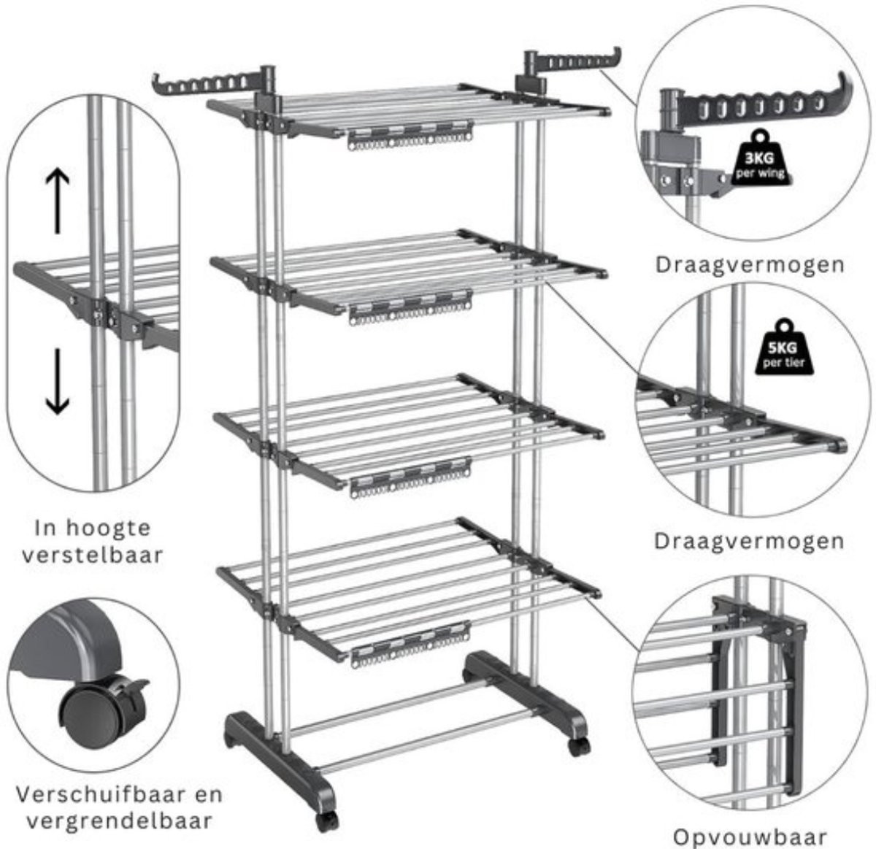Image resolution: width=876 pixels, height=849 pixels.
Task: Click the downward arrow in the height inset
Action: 58,381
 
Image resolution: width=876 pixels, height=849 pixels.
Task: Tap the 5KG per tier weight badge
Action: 784,347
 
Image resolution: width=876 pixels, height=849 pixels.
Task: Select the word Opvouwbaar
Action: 750,837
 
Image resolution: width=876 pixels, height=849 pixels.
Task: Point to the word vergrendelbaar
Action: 119,821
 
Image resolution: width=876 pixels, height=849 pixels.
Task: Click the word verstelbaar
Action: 93,555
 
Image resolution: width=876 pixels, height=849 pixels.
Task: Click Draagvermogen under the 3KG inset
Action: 750,266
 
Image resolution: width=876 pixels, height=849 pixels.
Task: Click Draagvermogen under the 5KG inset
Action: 749,542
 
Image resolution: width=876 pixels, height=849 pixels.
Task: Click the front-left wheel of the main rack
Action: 327,821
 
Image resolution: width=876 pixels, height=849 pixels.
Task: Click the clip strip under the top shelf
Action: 410,135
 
